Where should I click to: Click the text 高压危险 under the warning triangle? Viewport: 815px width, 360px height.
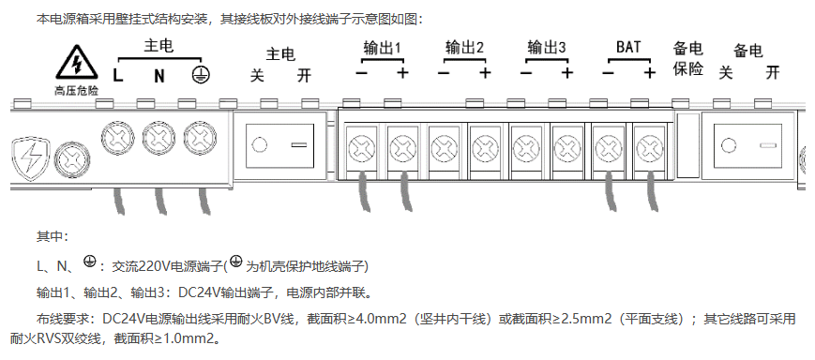point(74,91)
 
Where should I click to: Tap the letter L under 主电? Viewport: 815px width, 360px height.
point(117,74)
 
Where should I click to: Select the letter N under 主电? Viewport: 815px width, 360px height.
point(159,74)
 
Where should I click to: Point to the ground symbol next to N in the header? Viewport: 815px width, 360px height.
point(199,74)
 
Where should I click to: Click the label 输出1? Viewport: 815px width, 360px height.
point(382,48)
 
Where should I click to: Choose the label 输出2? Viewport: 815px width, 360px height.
point(464,48)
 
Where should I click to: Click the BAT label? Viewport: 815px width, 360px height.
point(629,48)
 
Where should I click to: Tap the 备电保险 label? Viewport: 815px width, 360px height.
point(688,59)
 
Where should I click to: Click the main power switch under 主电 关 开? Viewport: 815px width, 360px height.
point(279,146)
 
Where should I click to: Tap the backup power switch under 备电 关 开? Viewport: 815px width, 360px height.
point(747,146)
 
